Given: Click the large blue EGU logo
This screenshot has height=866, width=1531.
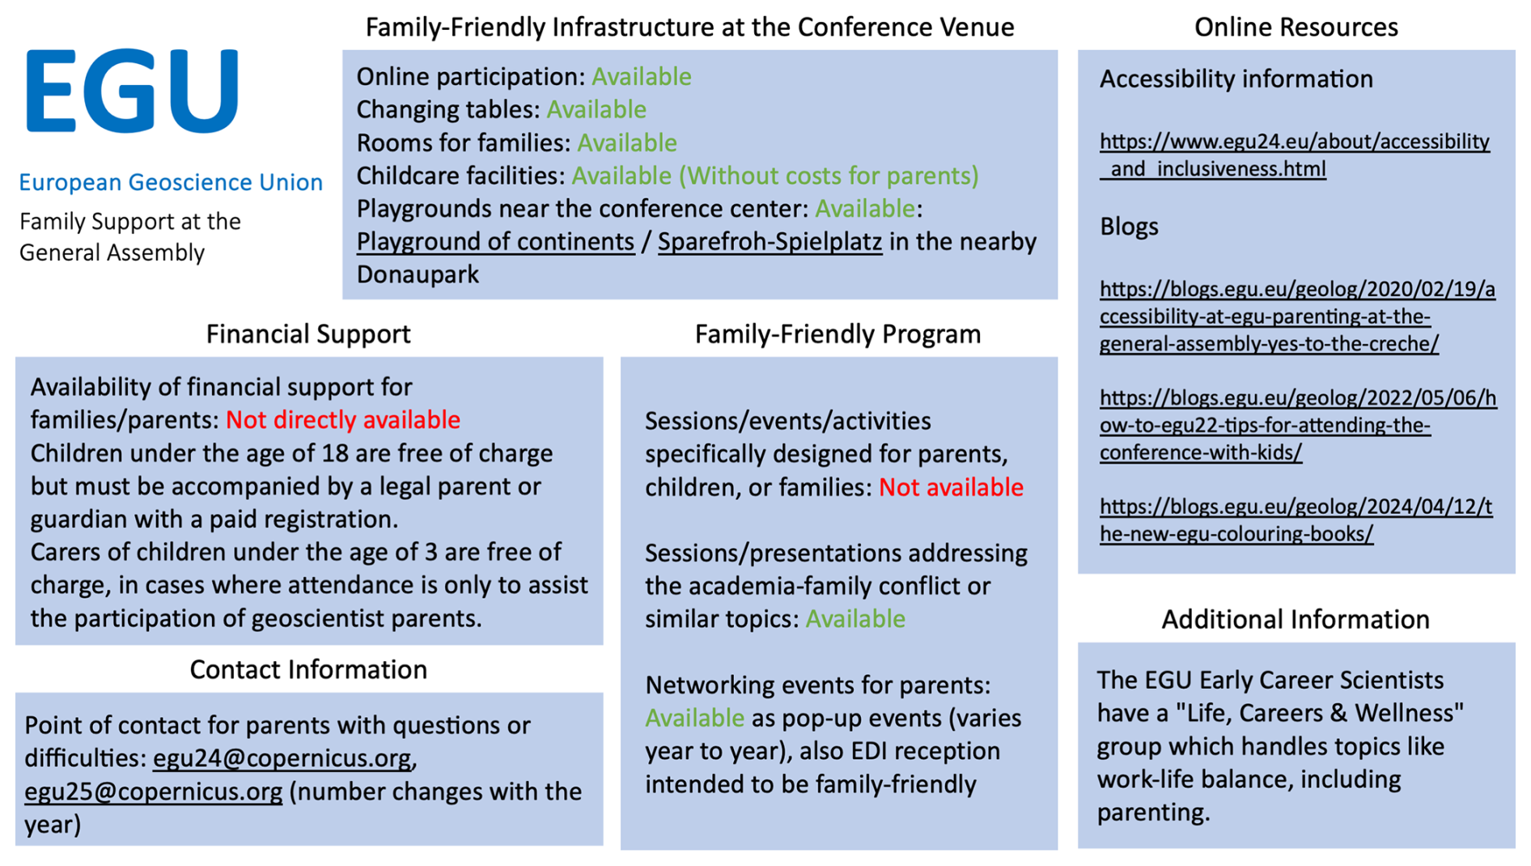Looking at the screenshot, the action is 133,91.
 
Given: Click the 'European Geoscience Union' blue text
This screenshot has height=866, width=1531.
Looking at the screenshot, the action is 171,182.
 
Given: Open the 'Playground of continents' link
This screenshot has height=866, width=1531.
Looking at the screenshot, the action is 495,241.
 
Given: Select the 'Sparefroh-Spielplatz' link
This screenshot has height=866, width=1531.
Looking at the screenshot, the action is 770,241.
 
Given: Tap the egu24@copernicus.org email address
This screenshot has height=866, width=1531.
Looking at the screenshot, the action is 282,758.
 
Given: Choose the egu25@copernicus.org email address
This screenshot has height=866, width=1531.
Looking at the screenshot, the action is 154,792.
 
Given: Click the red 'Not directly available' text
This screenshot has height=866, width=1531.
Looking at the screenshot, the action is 343,420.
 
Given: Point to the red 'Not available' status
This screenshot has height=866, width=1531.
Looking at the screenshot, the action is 951,487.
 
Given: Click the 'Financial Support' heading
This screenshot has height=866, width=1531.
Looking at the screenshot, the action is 308,333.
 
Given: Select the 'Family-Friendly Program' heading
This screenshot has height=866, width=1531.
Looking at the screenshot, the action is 838,333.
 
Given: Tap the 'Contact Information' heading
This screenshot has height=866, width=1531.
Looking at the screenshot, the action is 308,669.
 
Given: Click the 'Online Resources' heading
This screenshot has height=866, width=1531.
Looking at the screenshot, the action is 1296,27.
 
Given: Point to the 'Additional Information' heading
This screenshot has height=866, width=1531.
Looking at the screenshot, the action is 1296,619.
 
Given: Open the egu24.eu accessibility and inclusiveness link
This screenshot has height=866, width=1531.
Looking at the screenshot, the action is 1295,155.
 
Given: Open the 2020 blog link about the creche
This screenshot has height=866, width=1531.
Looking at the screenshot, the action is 1297,316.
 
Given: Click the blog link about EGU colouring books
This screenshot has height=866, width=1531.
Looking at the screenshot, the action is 1296,520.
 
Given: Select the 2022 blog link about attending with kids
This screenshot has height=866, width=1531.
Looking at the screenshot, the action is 1298,425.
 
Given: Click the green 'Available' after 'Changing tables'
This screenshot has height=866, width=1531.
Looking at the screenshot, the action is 596,109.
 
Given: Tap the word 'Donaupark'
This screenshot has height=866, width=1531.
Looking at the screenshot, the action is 418,274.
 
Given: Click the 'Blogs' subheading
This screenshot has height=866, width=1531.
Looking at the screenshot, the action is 1129,227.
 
